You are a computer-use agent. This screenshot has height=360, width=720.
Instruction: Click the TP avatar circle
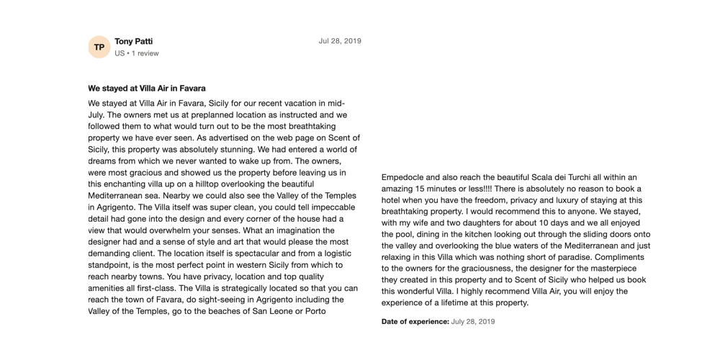[x=99, y=48]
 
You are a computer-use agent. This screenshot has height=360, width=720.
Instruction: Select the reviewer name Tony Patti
[x=133, y=41]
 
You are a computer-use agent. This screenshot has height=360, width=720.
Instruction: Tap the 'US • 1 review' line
[x=137, y=53]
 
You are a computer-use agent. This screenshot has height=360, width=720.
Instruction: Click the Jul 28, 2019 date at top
[x=340, y=41]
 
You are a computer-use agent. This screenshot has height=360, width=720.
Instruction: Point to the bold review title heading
[x=147, y=89]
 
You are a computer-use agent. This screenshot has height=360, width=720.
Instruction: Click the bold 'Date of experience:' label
[x=415, y=322]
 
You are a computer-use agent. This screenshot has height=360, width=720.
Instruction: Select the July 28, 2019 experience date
[x=473, y=322]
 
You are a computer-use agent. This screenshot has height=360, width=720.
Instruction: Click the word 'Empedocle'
[x=402, y=177]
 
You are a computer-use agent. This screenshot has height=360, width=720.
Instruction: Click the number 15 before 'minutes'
[x=428, y=189]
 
